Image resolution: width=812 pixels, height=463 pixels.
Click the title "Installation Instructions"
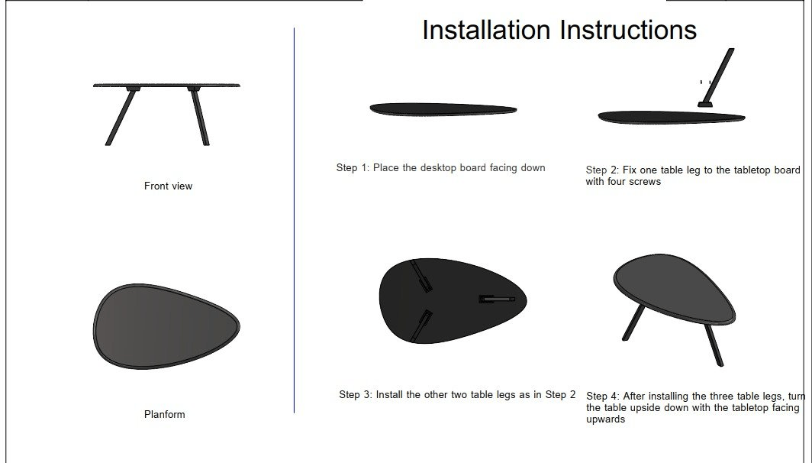pyautogui.click(x=559, y=30)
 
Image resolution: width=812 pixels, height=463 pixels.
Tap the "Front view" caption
pyautogui.click(x=169, y=186)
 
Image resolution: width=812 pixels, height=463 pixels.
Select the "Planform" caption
pyautogui.click(x=165, y=414)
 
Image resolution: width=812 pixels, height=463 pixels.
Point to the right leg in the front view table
pyautogui.click(x=200, y=117)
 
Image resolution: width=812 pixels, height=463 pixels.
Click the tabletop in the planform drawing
pyautogui.click(x=166, y=326)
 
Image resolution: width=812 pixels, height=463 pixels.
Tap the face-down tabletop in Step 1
pyautogui.click(x=443, y=109)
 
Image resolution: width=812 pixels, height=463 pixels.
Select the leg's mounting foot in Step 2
pyautogui.click(x=705, y=104)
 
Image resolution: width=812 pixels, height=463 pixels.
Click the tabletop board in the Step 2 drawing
pyautogui.click(x=672, y=118)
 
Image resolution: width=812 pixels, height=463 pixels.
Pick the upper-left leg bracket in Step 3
pyautogui.click(x=421, y=277)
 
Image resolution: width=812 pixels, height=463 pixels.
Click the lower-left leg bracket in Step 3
pyautogui.click(x=421, y=326)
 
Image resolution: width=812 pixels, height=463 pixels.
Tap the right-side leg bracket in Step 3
pyautogui.click(x=497, y=299)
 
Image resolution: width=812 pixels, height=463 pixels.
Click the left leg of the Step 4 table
pyautogui.click(x=634, y=322)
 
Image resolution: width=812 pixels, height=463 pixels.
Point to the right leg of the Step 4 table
pyautogui.click(x=714, y=345)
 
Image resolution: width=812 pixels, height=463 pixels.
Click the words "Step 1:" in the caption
pyautogui.click(x=353, y=168)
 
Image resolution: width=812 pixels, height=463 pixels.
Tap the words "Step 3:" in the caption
pyautogui.click(x=356, y=394)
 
